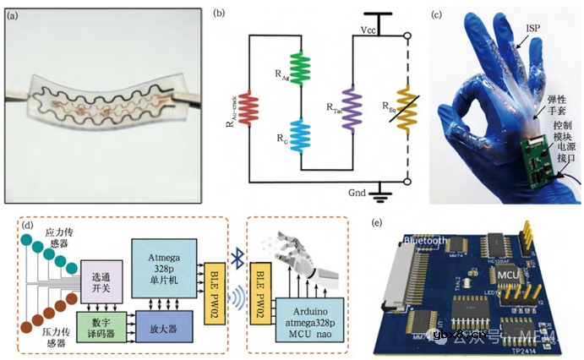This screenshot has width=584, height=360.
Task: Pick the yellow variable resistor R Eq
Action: pos(407,108)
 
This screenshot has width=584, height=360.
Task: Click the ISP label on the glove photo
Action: pos(532,27)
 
